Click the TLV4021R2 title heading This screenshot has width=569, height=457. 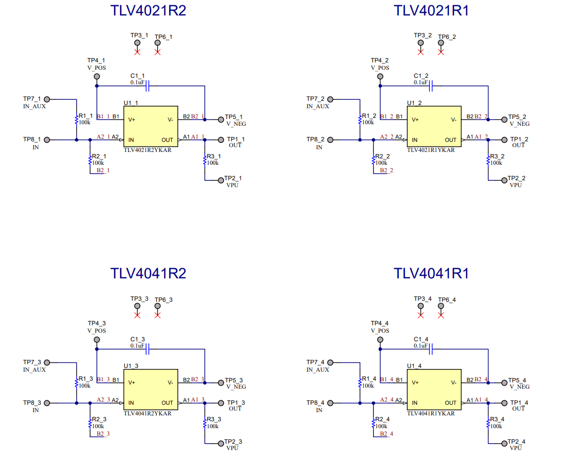pyautogui.click(x=148, y=11)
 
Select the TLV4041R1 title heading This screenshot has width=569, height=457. pyautogui.click(x=431, y=274)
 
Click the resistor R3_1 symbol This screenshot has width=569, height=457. pyautogui.click(x=205, y=159)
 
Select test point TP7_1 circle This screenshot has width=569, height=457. pyautogui.click(x=47, y=99)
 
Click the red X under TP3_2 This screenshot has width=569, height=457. pyautogui.click(x=421, y=52)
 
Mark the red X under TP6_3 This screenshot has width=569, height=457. pyautogui.click(x=157, y=315)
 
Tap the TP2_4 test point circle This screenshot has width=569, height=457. pyautogui.click(x=504, y=443)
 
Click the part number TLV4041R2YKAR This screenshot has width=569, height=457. pyautogui.click(x=148, y=413)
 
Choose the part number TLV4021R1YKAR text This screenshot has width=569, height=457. pyautogui.click(x=431, y=150)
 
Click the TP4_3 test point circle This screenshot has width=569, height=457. pyautogui.click(x=97, y=340)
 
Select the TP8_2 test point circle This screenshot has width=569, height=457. pyautogui.click(x=330, y=140)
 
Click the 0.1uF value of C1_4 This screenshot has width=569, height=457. pyautogui.click(x=420, y=346)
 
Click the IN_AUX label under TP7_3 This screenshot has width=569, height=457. pyautogui.click(x=35, y=370)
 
